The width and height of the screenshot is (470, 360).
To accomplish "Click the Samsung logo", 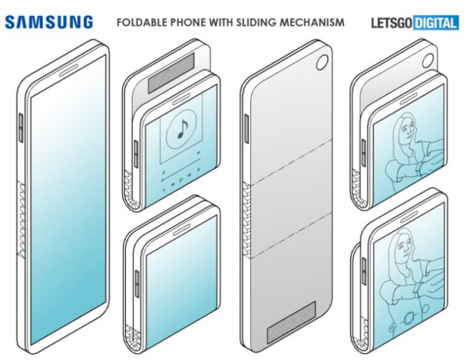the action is coord(49,22).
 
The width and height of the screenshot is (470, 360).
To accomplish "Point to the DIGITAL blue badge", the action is coord(436,23).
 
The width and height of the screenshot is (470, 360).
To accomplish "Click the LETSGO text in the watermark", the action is coord(391,23).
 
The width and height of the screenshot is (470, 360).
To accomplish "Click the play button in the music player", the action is coord(180,180).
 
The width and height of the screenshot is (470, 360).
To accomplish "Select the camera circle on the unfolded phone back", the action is coord(322,62).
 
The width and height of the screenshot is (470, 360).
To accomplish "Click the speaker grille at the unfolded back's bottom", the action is coord(291,322).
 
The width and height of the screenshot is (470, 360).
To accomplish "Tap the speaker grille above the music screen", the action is coord(171,72).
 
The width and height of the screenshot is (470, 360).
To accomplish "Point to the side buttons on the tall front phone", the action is coord(21,127).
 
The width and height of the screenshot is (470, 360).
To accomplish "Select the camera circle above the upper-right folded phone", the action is coord(428,61).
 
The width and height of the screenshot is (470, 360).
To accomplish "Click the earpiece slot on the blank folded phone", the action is coord(180,230).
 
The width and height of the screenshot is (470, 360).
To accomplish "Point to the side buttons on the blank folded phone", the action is coord(137,283).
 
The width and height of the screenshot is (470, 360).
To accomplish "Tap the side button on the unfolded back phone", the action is coord(247,128).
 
